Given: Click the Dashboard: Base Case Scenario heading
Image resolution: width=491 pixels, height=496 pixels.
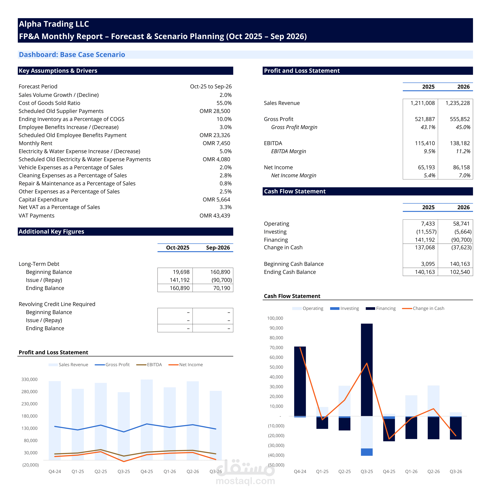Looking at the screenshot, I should pos(72,55).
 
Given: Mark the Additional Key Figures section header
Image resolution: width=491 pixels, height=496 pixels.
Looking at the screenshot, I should pos(51,232).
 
